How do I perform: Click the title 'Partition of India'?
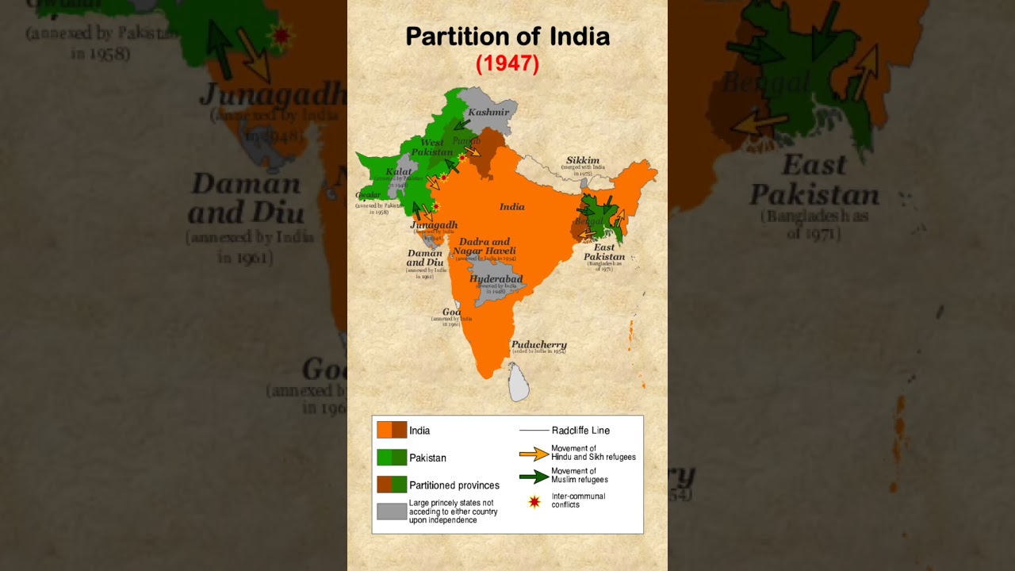point(507,36)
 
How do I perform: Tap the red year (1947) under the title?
point(507,64)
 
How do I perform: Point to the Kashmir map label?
point(488,113)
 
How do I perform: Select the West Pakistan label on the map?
point(432,148)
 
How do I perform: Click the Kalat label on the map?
point(398,171)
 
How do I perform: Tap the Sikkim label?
point(582,160)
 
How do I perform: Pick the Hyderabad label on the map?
point(496,279)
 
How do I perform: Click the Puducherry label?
point(538,345)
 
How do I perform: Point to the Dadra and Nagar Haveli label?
point(485,247)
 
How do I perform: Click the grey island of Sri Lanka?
point(519,382)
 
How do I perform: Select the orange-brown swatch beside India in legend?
point(392,430)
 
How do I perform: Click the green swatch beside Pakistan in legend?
point(392,458)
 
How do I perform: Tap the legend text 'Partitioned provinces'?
point(454,485)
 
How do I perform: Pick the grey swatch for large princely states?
point(392,512)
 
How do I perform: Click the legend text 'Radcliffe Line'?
point(580,431)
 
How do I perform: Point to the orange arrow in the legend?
point(534,454)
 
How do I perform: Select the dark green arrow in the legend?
point(534,477)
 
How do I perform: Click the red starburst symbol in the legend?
point(534,501)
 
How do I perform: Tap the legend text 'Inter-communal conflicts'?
point(578,500)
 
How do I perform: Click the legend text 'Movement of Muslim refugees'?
point(580,475)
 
